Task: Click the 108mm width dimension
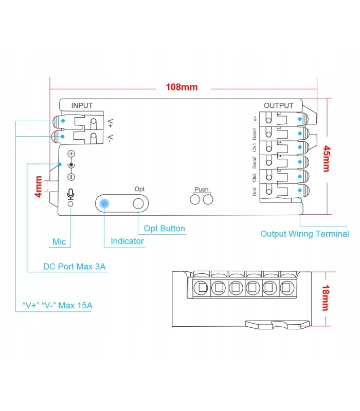181,87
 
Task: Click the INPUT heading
82,105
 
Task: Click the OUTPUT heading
278,105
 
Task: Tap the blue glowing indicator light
104,204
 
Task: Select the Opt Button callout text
164,229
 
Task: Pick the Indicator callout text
127,241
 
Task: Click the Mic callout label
59,241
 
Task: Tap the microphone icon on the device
70,194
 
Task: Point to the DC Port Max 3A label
74,267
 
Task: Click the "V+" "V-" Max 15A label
58,306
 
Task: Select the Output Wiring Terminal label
304,234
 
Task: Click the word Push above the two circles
202,190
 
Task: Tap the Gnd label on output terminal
255,192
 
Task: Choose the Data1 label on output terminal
255,134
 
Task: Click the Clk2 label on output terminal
255,178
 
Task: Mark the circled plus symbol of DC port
71,154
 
